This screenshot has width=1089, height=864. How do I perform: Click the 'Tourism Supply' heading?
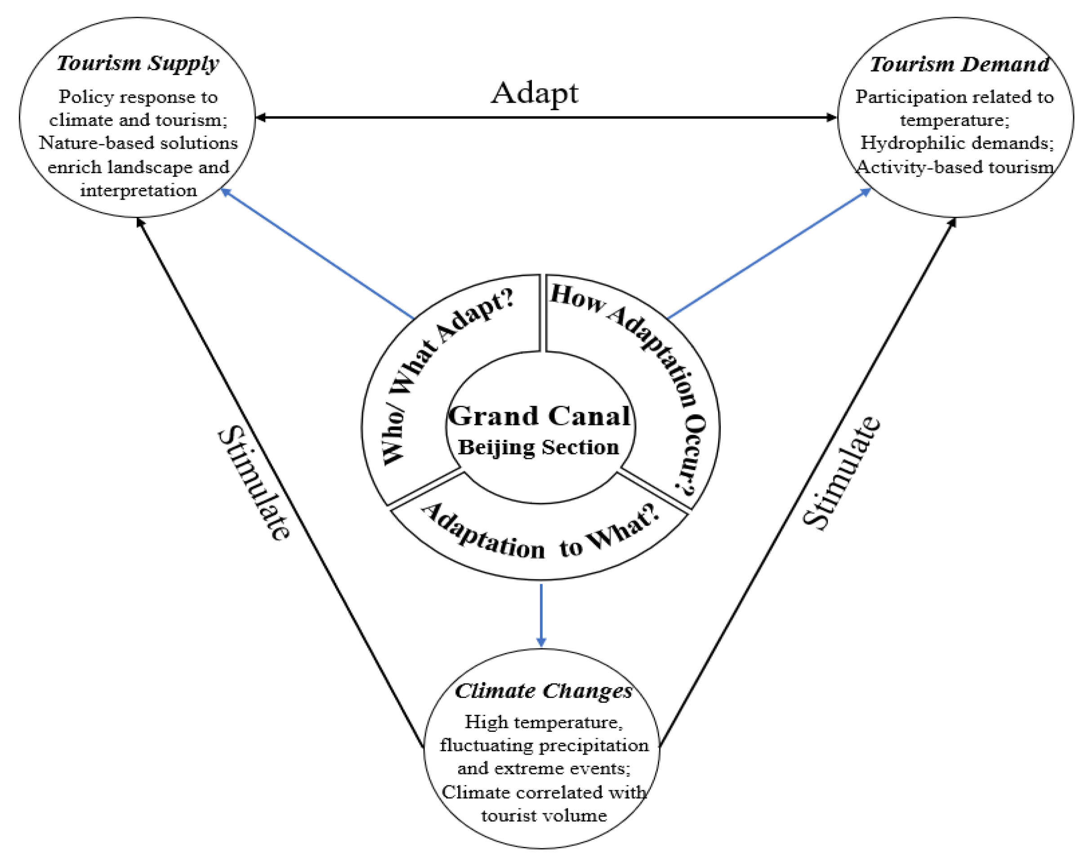click(x=138, y=63)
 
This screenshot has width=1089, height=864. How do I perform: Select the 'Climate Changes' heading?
click(x=544, y=691)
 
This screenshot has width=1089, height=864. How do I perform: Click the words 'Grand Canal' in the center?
click(x=540, y=416)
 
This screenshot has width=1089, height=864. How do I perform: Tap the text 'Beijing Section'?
click(x=539, y=447)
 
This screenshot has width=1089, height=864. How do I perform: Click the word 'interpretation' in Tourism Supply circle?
click(x=138, y=191)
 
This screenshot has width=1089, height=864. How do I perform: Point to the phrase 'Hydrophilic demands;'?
click(x=957, y=143)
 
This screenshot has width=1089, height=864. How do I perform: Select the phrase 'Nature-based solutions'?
click(x=138, y=143)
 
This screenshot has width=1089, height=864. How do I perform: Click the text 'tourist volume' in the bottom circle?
click(x=544, y=815)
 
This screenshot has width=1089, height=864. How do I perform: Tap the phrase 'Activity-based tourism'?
click(x=955, y=167)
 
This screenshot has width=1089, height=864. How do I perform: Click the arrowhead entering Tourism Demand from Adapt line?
click(x=830, y=117)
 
